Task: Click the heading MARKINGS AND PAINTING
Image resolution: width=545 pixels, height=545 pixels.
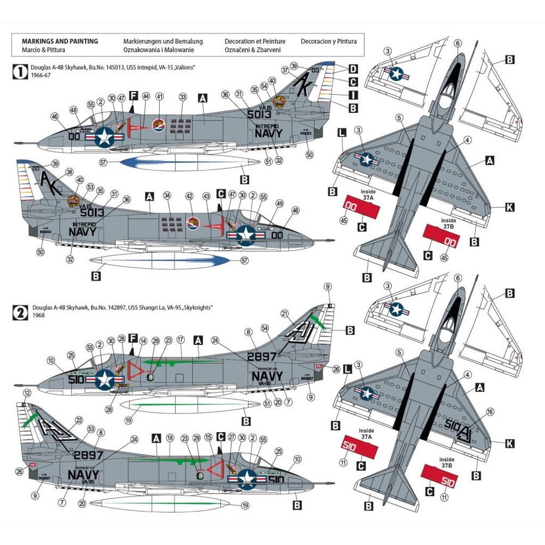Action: click(59, 41)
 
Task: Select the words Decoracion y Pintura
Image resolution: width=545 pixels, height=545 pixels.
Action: click(329, 41)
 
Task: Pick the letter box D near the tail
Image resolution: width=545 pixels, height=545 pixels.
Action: click(353, 69)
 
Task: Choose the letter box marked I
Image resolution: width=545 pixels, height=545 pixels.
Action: click(353, 95)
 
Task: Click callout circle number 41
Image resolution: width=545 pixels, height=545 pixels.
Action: click(160, 96)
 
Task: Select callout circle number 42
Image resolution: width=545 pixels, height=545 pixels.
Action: click(189, 196)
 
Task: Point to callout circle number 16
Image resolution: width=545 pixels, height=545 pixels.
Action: click(491, 412)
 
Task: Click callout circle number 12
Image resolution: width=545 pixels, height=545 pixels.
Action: click(27, 393)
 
